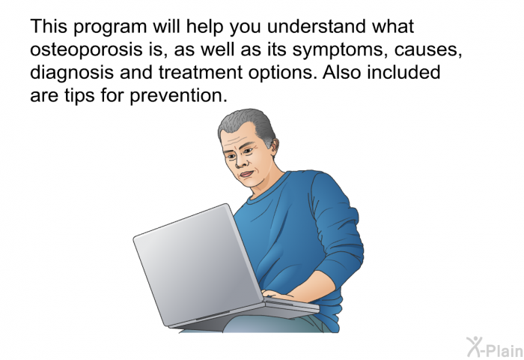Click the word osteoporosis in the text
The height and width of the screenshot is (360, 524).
pos(86,50)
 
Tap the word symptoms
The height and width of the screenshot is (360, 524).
pos(340,50)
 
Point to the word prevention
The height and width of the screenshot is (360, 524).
pos(178,96)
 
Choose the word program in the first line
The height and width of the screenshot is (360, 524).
pos(110,28)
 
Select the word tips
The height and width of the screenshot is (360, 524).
pos(79,96)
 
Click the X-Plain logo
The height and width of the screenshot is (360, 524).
pos(495,347)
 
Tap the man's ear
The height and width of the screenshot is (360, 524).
pos(275,145)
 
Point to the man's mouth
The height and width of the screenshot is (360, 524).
pos(247,175)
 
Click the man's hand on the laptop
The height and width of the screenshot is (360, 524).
pos(280,295)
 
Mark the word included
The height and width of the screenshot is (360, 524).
pos(403,72)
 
